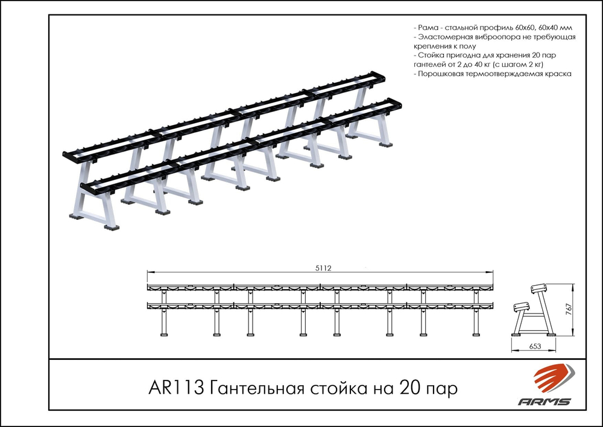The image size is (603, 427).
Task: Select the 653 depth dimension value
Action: pos(534,347)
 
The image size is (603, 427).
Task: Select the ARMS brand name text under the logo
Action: pos(545,401)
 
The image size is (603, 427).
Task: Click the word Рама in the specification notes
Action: pos(428,28)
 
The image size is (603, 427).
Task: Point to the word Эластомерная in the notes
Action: pos(445,37)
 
